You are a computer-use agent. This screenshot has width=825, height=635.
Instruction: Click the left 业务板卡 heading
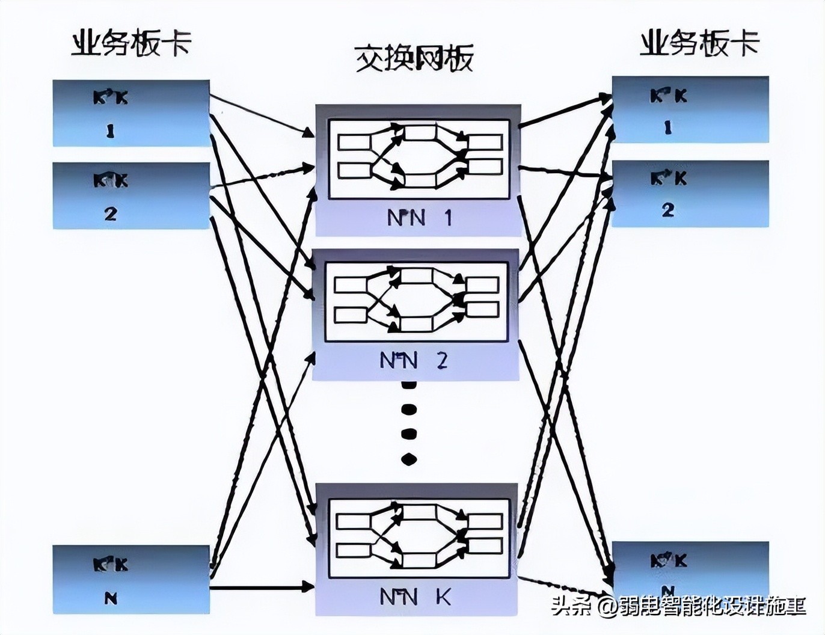[x=131, y=44]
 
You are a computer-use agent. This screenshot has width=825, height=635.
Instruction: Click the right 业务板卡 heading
[x=699, y=44]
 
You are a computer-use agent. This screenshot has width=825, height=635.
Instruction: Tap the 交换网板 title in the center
[x=414, y=58]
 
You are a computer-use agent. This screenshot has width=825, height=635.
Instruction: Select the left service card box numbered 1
[x=131, y=113]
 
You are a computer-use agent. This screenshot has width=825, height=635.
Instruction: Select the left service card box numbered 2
[x=131, y=195]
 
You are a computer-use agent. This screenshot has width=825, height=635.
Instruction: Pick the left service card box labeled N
[x=131, y=579]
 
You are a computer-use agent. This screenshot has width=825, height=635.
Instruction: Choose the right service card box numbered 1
[x=690, y=109]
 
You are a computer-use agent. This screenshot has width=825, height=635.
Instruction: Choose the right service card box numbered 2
[x=690, y=194]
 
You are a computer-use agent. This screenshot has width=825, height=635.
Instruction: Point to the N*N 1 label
[x=419, y=218]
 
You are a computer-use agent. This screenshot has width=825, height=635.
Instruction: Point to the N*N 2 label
[x=414, y=360]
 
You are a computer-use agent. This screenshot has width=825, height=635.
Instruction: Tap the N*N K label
[x=415, y=597]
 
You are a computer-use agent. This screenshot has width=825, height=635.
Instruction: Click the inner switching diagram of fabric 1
[x=419, y=159]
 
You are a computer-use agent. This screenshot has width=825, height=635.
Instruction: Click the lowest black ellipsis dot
[x=409, y=460]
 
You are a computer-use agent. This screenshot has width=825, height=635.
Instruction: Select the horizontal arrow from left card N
[x=262, y=587]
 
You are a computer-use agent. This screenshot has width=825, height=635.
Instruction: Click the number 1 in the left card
[x=110, y=131]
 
